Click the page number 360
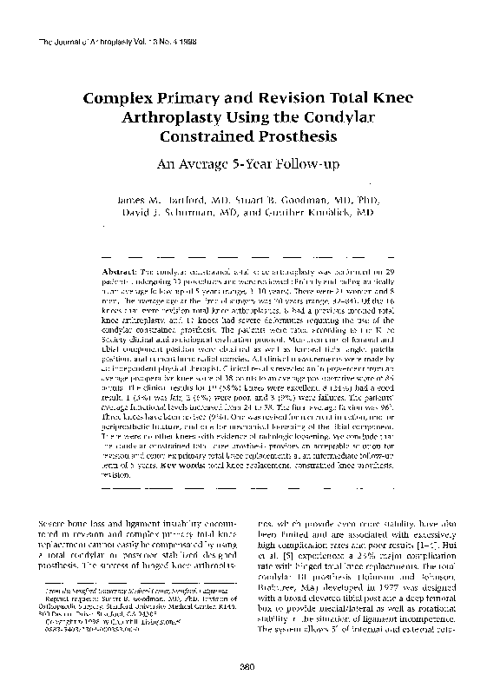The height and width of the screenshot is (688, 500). click(249, 665)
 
